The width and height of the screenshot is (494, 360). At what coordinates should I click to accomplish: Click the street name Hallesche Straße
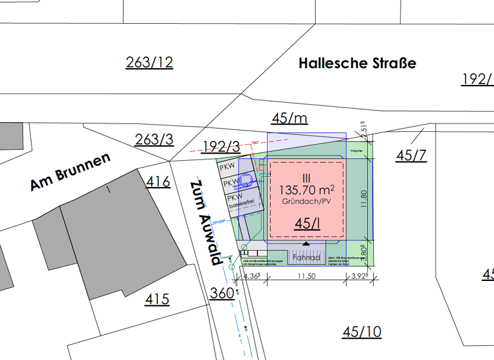pos(357,63)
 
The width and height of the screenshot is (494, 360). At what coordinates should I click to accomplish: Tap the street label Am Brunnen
pos(70,172)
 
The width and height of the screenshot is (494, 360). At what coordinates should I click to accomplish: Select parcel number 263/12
pos(149,62)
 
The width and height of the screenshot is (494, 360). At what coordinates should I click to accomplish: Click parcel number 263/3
pos(154,139)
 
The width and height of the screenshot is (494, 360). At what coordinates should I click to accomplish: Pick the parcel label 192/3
pos(221,147)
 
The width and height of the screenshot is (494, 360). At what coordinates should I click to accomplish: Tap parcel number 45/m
pos(289,118)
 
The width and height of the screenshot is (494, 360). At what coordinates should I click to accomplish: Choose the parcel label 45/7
pos(411,156)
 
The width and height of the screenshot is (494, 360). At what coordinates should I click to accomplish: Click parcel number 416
pos(158,182)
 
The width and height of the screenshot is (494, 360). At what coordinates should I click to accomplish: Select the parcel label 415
pos(157,299)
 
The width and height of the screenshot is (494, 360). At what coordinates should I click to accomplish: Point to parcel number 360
pos(222,293)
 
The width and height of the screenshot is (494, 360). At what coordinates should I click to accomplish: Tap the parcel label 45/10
pos(361,332)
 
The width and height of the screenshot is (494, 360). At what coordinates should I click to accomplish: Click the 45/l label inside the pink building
pos(306,224)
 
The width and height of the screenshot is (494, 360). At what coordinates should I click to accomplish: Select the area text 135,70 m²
pos(306,190)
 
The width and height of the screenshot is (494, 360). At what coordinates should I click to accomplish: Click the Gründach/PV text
pos(306,202)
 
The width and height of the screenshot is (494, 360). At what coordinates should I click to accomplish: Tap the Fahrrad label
pos(306,257)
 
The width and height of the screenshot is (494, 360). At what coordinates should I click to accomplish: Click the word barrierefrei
pos(243,204)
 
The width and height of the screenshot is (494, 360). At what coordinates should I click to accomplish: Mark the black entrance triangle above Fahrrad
pos(306,245)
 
